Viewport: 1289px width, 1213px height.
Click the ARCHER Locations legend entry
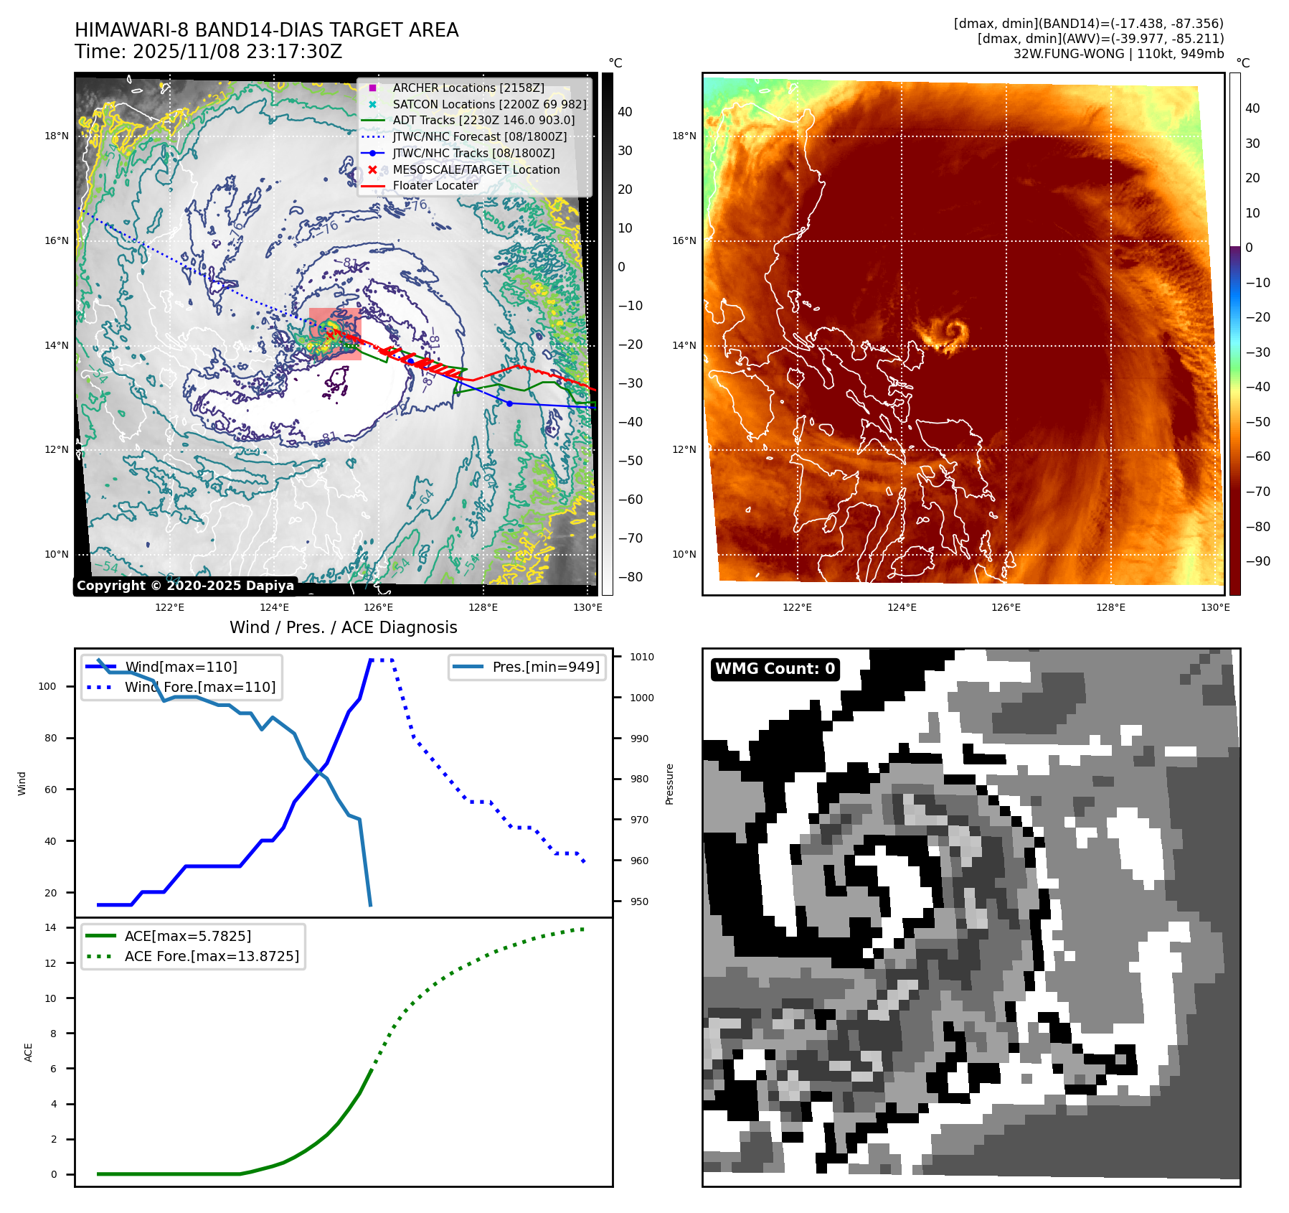pos(468,88)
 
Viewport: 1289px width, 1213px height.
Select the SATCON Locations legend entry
pos(489,104)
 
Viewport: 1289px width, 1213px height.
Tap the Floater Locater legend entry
pos(435,185)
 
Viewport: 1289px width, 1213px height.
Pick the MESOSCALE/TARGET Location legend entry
pos(476,169)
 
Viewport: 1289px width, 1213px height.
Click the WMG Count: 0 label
pos(775,669)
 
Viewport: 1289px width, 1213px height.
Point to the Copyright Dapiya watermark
pos(185,586)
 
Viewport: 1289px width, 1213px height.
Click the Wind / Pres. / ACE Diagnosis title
pos(343,627)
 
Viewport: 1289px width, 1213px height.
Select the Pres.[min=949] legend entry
pos(546,667)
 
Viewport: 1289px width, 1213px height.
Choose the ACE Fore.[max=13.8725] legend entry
pos(212,956)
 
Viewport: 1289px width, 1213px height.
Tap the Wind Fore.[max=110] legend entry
pos(200,687)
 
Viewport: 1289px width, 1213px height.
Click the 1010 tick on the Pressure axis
pos(641,657)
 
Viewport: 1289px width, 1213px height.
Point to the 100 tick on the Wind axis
pos(47,686)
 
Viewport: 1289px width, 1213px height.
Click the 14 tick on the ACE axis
pos(50,927)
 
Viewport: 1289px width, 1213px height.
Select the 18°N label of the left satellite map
pos(57,136)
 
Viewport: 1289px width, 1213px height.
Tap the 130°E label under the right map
pos(1215,607)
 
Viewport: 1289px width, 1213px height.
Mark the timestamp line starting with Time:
pos(208,52)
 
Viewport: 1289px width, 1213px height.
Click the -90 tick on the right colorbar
pos(1257,561)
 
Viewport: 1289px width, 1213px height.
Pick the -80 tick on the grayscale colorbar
pos(631,577)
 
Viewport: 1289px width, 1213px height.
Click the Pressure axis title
pos(669,784)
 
